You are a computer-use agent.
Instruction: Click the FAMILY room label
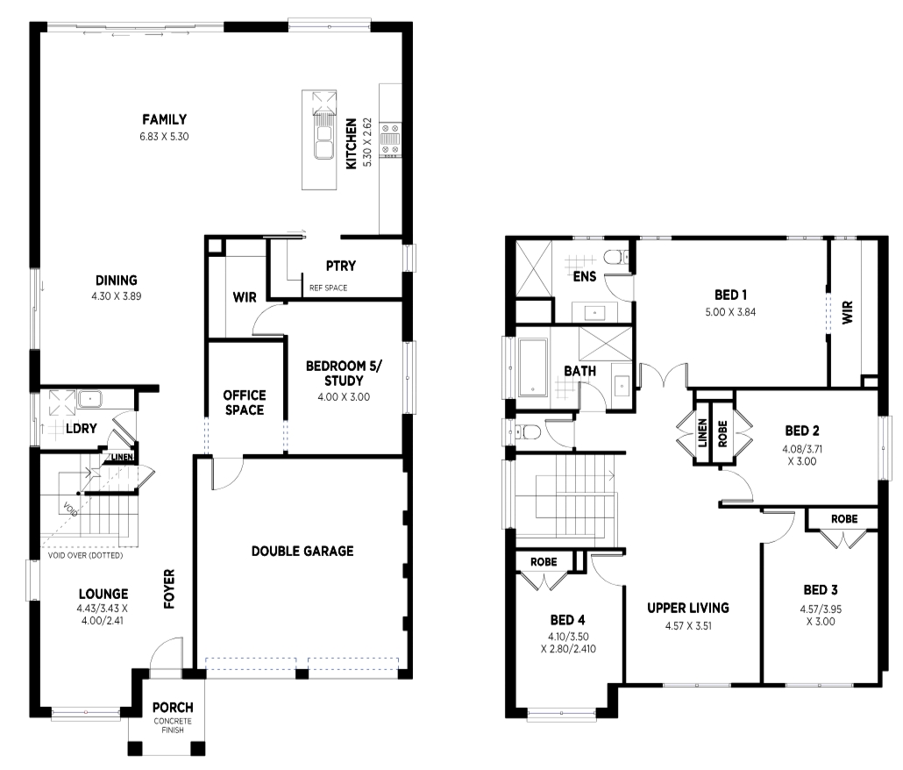tap(164, 119)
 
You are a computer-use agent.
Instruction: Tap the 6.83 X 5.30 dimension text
tap(164, 137)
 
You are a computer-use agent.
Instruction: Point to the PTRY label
tap(341, 266)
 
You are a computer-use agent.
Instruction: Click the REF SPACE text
tap(328, 288)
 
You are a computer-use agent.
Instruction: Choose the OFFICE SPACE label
tap(245, 403)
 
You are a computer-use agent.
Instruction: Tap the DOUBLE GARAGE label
tap(302, 551)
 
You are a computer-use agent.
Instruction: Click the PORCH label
tap(173, 707)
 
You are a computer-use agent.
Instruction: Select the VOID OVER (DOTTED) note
tap(85, 556)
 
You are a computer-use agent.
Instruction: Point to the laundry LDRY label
tap(82, 429)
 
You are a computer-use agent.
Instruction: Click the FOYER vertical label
tap(169, 588)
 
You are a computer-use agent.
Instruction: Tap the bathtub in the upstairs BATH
tap(533, 367)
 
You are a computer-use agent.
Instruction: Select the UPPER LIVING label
tap(688, 608)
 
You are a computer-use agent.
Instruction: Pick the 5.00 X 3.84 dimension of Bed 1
tap(731, 312)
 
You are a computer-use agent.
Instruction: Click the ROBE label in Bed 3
tap(844, 519)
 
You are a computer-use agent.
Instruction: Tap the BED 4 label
tap(567, 620)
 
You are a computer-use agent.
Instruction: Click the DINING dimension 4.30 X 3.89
tap(117, 296)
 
